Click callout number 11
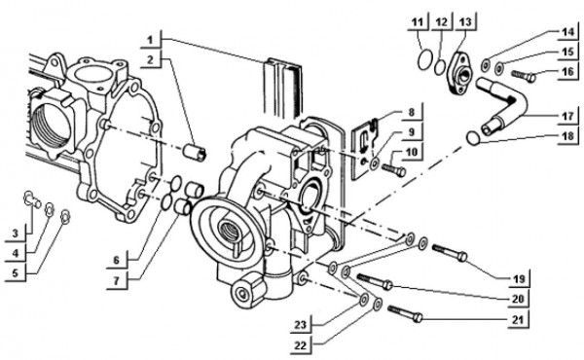click(417, 21)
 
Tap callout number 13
click(464, 21)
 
